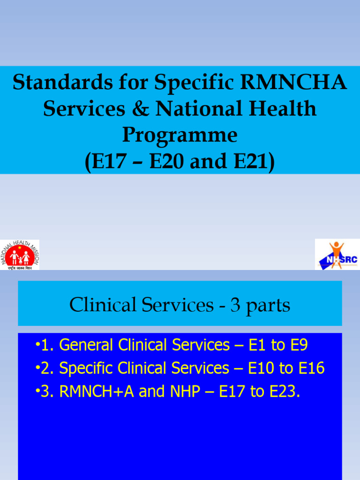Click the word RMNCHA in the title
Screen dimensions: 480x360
[x=293, y=83]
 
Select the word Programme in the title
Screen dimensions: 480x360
[x=180, y=135]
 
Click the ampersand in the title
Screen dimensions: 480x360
[x=140, y=109]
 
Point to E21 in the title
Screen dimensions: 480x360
[x=252, y=162]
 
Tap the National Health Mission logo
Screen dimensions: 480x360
[x=20, y=255]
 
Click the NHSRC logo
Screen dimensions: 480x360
[x=337, y=255]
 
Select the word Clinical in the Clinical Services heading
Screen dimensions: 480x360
[x=100, y=305]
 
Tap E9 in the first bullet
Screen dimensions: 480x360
[x=299, y=345]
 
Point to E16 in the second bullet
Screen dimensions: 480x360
[x=312, y=368]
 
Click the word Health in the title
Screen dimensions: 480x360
[x=285, y=109]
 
